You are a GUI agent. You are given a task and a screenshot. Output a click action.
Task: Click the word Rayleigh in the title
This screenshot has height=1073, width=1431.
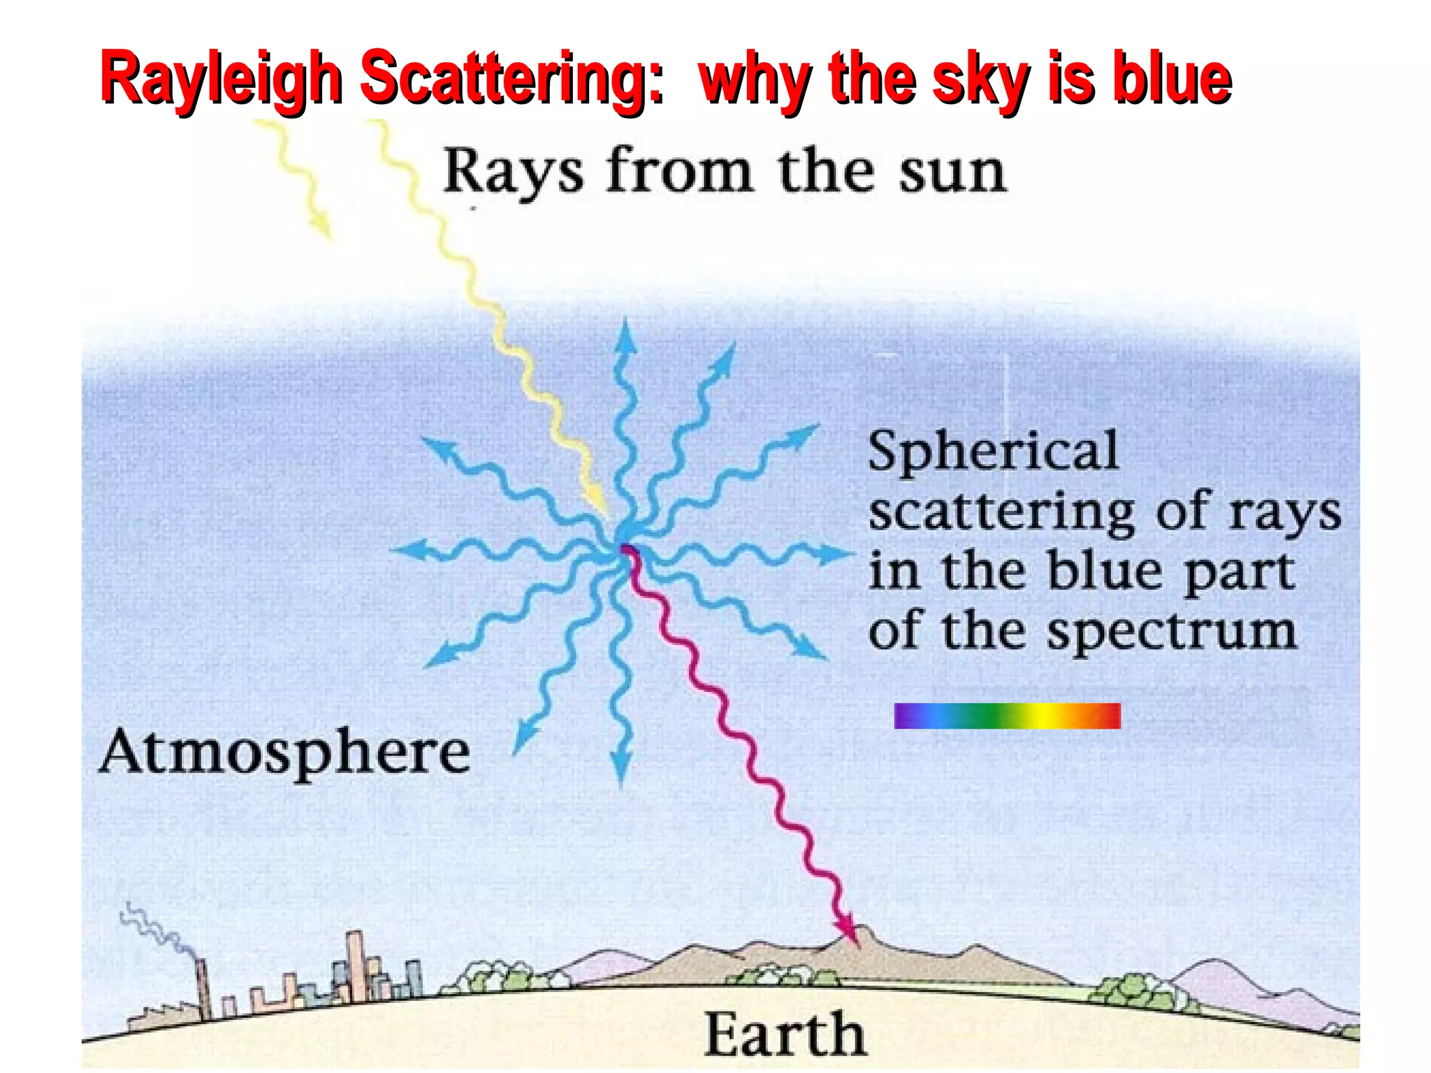click(221, 79)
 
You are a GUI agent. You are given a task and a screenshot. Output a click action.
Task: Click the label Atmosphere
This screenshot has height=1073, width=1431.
click(284, 753)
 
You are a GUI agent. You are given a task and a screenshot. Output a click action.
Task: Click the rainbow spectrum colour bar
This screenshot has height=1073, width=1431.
click(1007, 716)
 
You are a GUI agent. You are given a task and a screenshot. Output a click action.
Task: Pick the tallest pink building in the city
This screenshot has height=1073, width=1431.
click(356, 964)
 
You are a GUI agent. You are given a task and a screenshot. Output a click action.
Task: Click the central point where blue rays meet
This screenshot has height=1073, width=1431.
click(624, 545)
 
